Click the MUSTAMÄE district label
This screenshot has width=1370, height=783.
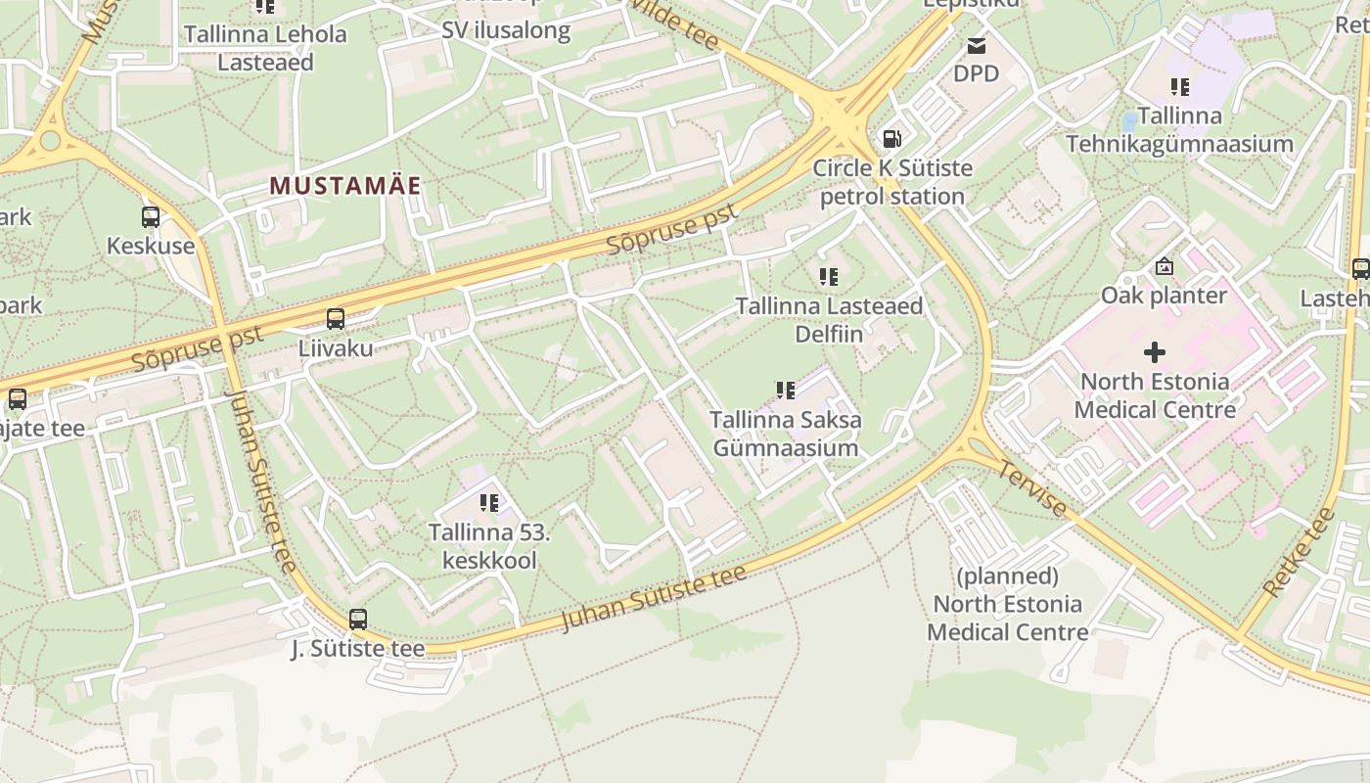(344, 186)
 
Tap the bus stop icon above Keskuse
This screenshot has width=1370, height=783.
(151, 217)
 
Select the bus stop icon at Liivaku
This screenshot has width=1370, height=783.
(336, 318)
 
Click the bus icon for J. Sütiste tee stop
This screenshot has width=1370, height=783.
(358, 619)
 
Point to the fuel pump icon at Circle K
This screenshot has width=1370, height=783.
(891, 139)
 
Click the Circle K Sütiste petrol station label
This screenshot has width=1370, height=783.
(892, 182)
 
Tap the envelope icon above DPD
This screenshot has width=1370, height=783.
(976, 45)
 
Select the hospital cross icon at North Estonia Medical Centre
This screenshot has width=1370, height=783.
(1155, 351)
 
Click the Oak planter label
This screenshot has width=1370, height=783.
(1164, 295)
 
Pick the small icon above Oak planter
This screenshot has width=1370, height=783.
(1164, 266)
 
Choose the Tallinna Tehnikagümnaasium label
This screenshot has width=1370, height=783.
(1179, 129)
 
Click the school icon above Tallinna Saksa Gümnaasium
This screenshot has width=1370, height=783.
(786, 391)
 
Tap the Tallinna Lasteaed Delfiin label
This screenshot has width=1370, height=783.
(829, 319)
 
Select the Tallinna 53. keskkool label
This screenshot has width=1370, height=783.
(489, 546)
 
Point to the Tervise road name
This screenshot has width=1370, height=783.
(1031, 487)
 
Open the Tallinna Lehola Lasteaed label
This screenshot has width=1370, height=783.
(265, 48)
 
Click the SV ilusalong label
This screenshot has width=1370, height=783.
(505, 30)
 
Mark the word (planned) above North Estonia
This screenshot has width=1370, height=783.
(1007, 575)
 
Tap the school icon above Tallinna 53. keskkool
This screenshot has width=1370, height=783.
(489, 503)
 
